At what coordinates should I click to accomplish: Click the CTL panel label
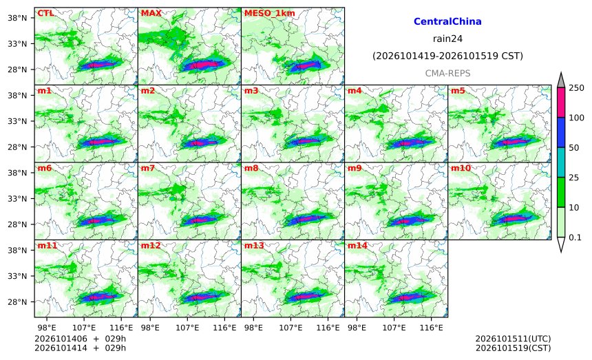tap(45, 13)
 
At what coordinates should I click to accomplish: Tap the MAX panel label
tap(151, 13)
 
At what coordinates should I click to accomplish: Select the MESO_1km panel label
tap(270, 14)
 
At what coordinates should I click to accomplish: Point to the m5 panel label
tap(458, 91)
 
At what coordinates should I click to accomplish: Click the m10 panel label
tap(461, 168)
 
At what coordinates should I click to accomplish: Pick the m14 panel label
tap(357, 246)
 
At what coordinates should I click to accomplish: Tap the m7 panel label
tap(147, 168)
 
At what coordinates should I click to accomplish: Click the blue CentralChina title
tap(447, 21)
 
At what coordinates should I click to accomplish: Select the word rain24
tap(447, 39)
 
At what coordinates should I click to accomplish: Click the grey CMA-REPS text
tap(447, 73)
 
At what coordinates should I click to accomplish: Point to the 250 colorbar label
tap(576, 88)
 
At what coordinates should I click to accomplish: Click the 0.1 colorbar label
tap(575, 237)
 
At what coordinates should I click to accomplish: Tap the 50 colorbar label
tap(573, 147)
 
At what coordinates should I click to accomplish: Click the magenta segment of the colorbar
tap(561, 103)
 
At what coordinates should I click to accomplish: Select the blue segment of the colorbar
tap(561, 132)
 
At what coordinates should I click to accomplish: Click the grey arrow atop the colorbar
tap(561, 81)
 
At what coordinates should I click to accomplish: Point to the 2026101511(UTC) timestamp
tap(513, 339)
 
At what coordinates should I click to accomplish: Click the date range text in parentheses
tap(447, 56)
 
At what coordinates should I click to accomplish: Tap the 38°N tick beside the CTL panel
tap(17, 17)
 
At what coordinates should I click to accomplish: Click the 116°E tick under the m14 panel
tap(431, 328)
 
